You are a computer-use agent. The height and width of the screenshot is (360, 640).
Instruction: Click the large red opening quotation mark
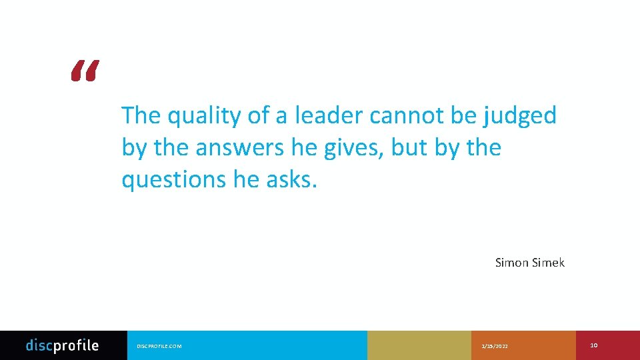85,70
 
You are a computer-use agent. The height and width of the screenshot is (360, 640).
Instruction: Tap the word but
408,147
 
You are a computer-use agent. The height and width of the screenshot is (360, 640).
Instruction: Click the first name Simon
511,263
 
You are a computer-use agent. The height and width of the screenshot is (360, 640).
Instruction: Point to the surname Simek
549,263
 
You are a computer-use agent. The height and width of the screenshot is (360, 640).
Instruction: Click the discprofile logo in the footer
62,345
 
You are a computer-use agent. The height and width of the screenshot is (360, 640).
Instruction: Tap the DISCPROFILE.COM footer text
159,346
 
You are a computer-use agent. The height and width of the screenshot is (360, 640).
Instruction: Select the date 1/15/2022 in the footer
494,346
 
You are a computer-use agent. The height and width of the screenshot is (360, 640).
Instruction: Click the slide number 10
594,345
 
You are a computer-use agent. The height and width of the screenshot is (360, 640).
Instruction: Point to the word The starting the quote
141,115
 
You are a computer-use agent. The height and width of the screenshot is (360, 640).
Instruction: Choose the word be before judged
463,115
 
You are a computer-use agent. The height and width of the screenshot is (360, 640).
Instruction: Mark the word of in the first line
258,115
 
